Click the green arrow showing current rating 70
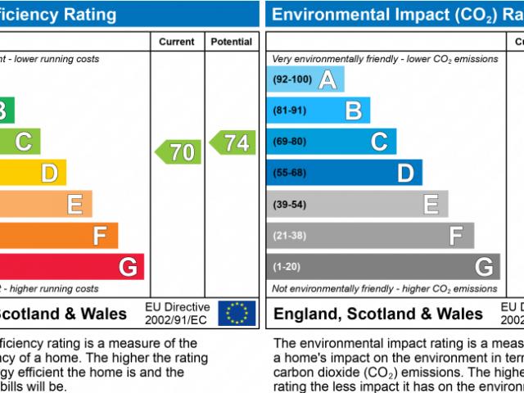pos(178,151)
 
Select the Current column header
pos(177,42)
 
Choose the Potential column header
pos(231,42)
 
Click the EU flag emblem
pos(237,312)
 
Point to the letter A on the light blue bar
pos(327,79)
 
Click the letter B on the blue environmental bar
pos(353,111)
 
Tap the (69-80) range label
pos(289,142)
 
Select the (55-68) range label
pos(289,173)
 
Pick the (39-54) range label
pos(289,204)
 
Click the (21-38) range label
pos(289,235)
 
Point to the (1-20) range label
pos(287,266)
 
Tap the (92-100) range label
pos(292,79)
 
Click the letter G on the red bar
pos(128,266)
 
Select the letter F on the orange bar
pos(100,236)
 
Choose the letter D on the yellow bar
pos(49,173)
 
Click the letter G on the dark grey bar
pos(484,266)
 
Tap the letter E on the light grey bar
pos(431,204)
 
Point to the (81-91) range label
pos(289,111)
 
